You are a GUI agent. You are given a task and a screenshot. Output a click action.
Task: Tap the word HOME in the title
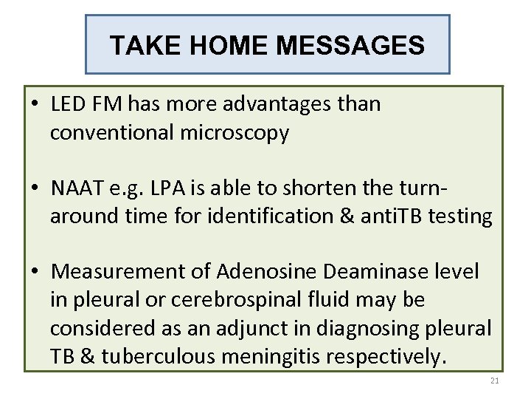pyautogui.click(x=229, y=46)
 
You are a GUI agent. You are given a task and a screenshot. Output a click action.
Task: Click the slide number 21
pyautogui.click(x=494, y=381)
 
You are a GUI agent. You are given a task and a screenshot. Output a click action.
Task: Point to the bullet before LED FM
pyautogui.click(x=35, y=104)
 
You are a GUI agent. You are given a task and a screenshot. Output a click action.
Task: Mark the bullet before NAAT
pyautogui.click(x=35, y=188)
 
